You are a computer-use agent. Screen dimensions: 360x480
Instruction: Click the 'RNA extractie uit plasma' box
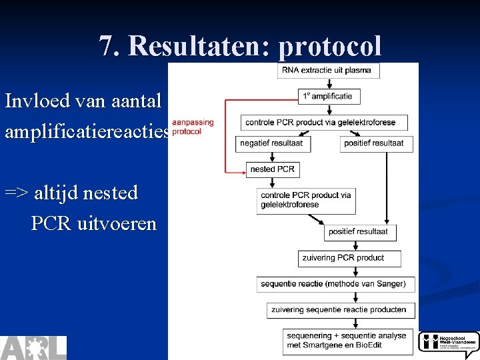(329, 70)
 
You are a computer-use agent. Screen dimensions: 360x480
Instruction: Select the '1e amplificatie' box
(329, 96)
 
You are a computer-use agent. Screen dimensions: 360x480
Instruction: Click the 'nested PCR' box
(272, 169)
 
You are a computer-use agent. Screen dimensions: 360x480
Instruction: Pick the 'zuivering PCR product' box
(349, 258)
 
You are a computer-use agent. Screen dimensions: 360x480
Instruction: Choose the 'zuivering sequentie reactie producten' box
(341, 309)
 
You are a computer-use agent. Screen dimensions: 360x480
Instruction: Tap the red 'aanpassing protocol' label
(193, 127)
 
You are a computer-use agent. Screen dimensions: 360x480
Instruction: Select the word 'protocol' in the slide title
(330, 46)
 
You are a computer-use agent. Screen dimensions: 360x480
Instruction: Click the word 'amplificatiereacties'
(87, 131)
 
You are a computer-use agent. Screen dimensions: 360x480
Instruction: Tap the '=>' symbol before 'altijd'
(16, 193)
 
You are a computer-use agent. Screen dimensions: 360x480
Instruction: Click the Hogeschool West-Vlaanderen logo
(449, 343)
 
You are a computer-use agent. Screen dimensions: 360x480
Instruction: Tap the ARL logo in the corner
(33, 347)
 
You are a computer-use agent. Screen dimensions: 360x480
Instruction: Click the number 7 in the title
(107, 46)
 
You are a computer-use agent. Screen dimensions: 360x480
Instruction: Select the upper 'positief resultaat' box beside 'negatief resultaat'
(376, 143)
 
